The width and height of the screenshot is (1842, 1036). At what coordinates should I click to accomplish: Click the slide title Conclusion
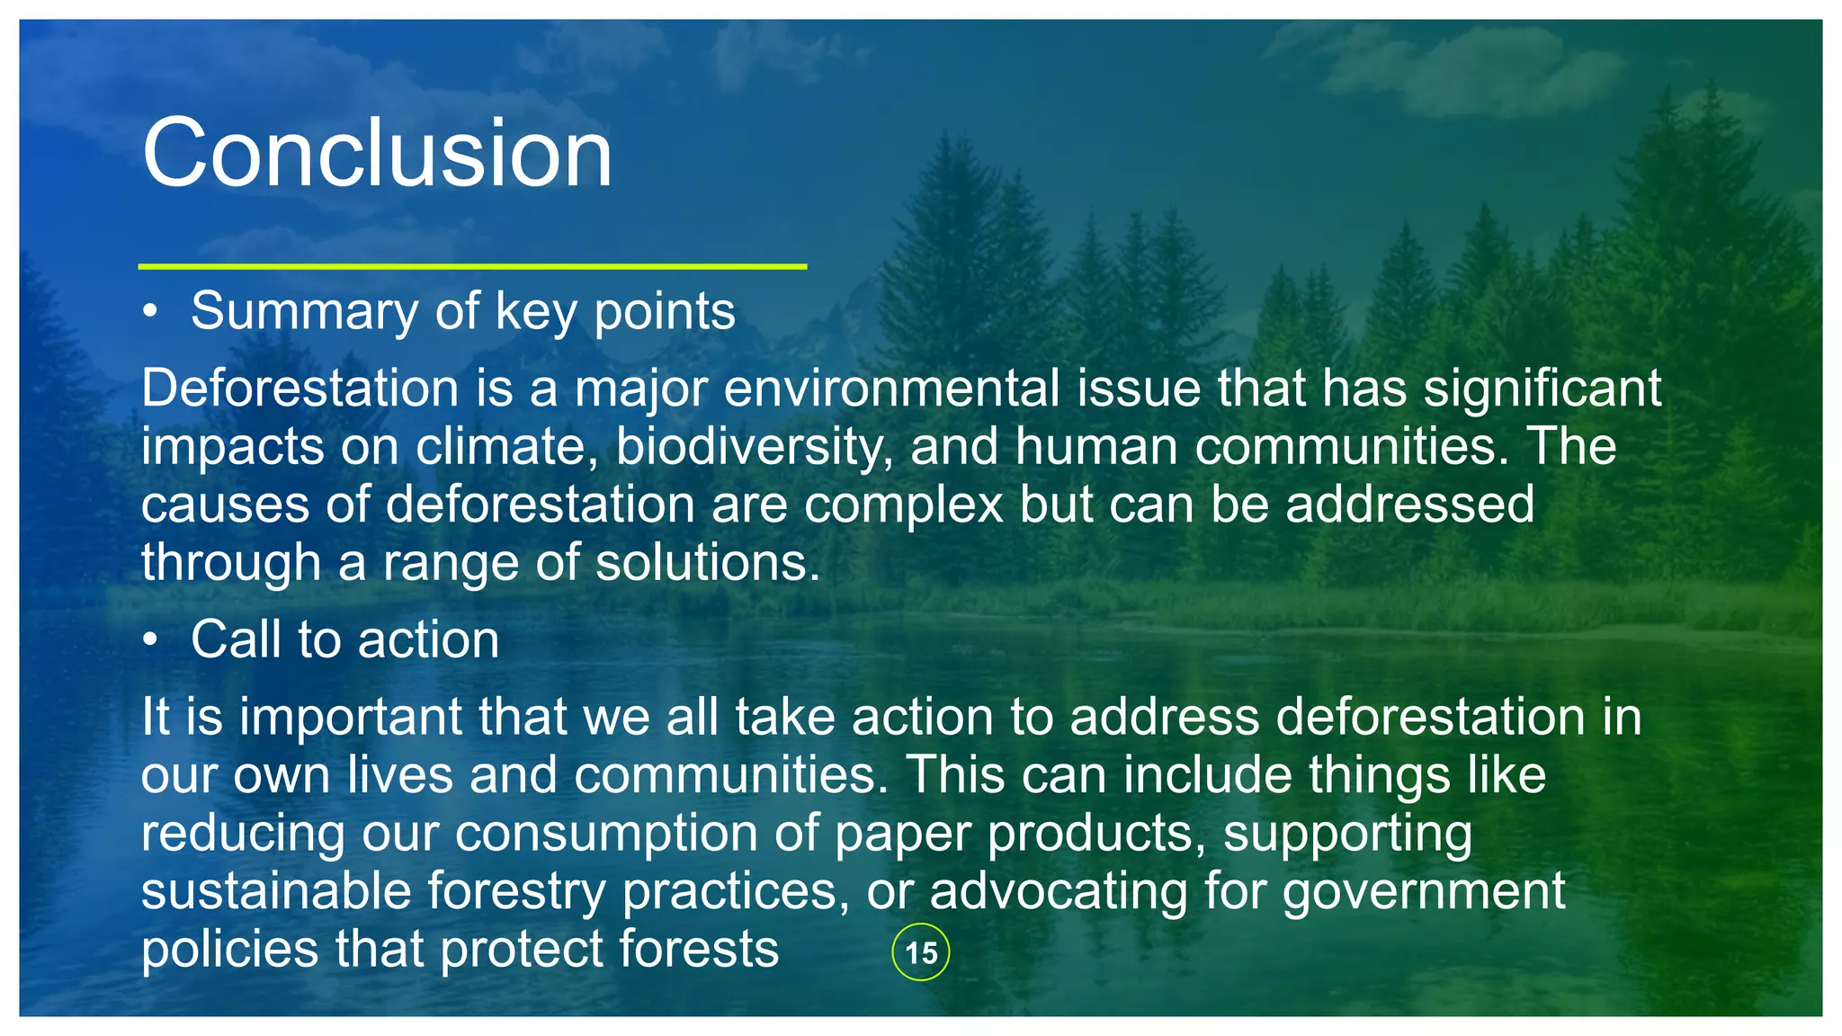click(377, 153)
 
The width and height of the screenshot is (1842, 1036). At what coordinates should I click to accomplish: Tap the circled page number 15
click(920, 951)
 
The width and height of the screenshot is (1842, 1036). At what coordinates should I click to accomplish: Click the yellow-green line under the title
click(472, 266)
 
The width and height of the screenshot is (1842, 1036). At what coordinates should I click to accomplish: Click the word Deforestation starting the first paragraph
click(300, 388)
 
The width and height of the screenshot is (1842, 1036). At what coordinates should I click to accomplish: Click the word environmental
click(891, 388)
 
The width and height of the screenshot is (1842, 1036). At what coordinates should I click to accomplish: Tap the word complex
click(903, 505)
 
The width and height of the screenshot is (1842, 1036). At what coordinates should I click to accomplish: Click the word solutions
click(708, 563)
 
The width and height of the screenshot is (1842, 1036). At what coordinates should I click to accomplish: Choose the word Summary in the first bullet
click(305, 312)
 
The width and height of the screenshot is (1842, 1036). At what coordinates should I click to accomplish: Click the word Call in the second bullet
click(236, 640)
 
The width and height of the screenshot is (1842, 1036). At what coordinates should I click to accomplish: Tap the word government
click(1424, 891)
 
